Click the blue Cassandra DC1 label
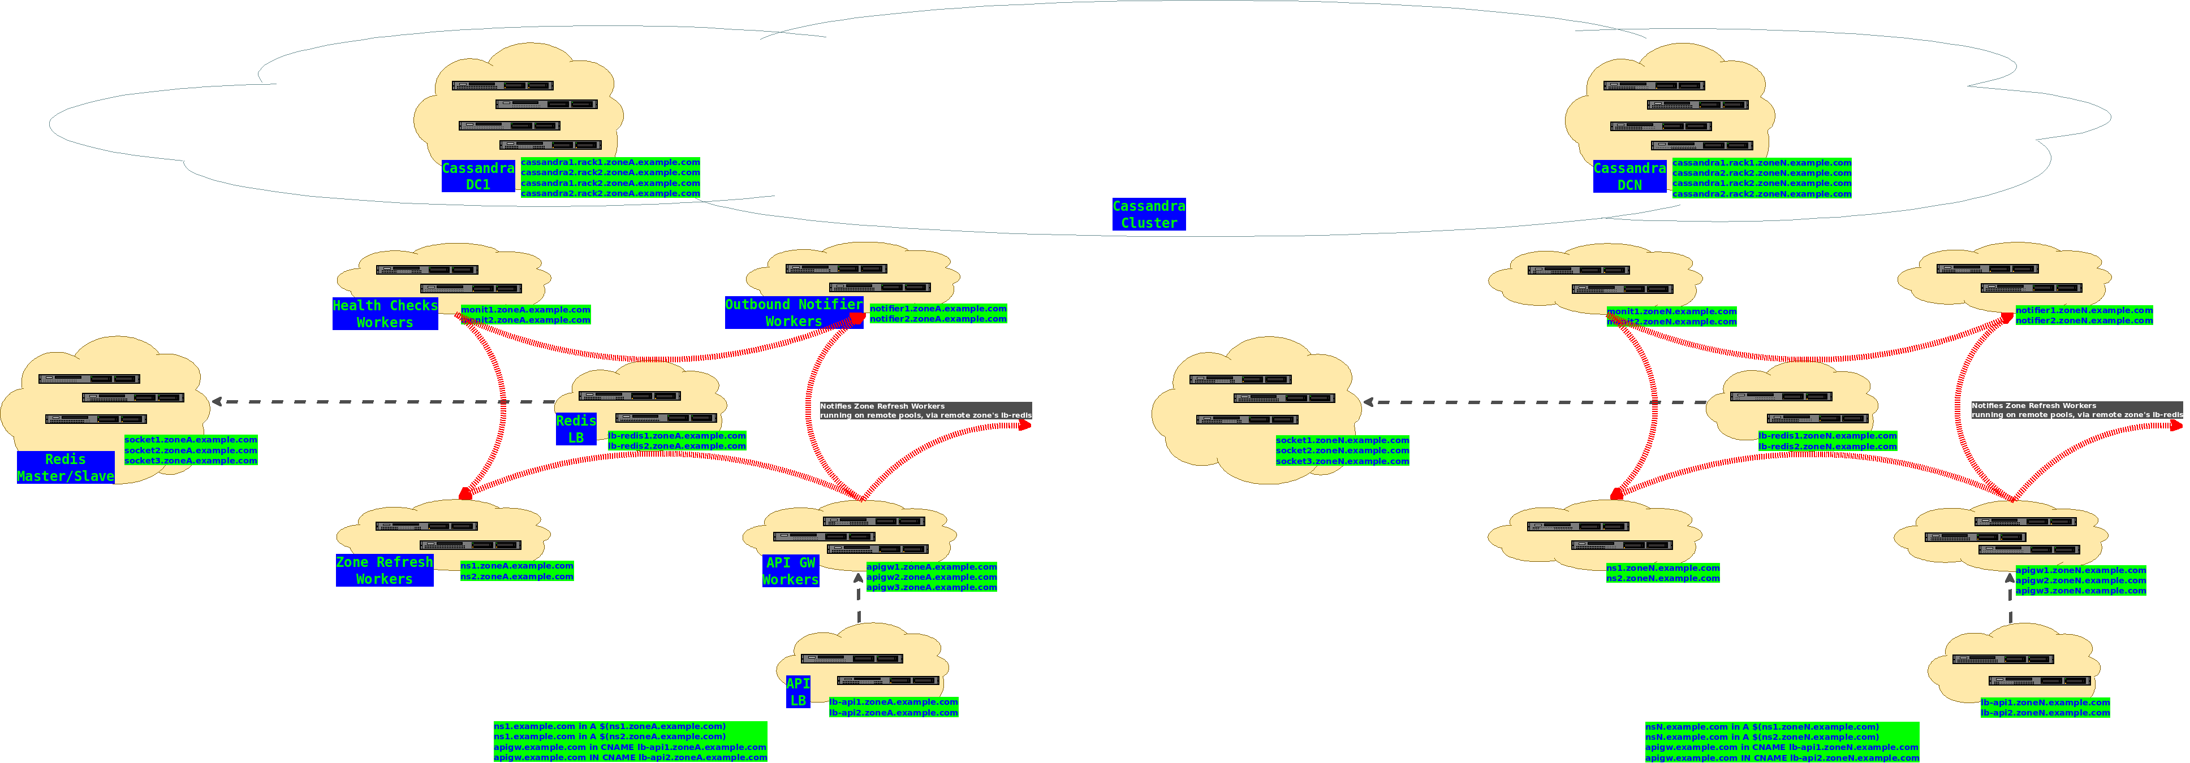(x=478, y=176)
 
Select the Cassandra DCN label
(x=1629, y=176)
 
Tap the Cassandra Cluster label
(x=1149, y=214)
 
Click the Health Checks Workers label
(x=385, y=314)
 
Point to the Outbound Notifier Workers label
(x=793, y=313)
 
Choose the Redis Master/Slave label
(x=66, y=467)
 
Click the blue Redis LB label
(x=576, y=429)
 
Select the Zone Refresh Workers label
(x=384, y=570)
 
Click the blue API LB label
(x=797, y=692)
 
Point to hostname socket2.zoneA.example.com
(x=191, y=450)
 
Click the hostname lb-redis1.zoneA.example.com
(x=676, y=436)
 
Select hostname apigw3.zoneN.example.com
(x=2080, y=591)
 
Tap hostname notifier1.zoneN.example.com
(x=2084, y=310)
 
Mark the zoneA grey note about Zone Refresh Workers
(x=925, y=410)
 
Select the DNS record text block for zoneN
(x=1781, y=742)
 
